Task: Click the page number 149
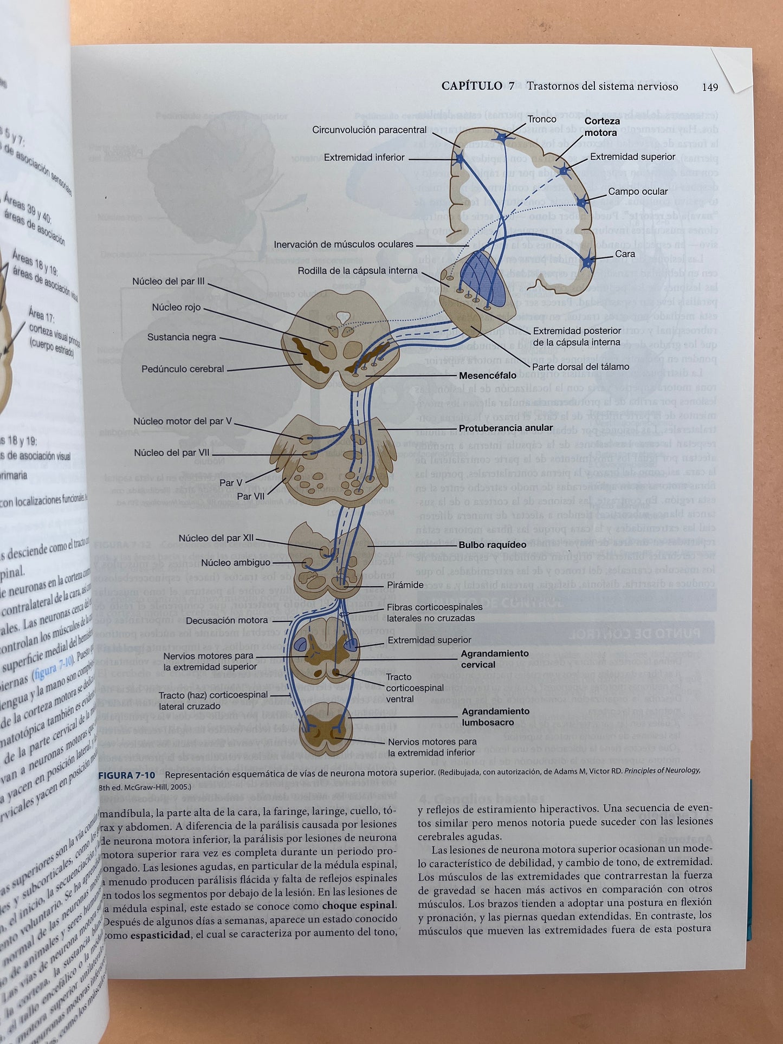[709, 87]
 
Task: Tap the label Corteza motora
[601, 127]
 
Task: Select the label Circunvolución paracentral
[369, 130]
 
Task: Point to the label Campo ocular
[638, 191]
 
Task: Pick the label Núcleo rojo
[176, 307]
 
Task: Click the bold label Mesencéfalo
[488, 375]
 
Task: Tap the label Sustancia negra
[182, 337]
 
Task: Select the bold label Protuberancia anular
[506, 428]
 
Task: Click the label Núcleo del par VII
[171, 452]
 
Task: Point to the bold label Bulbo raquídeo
[492, 544]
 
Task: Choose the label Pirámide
[405, 585]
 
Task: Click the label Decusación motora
[227, 620]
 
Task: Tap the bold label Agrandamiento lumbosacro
[495, 717]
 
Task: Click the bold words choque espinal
[359, 905]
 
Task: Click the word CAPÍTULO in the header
[471, 86]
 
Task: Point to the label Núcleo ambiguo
[235, 562]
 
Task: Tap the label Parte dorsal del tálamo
[580, 367]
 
